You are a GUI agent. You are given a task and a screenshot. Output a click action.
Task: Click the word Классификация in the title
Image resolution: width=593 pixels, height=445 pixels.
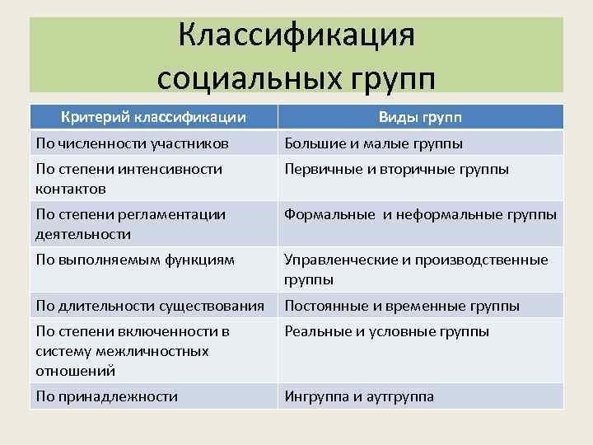tap(296, 36)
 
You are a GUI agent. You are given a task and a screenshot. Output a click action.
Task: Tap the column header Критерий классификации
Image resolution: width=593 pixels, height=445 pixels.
tap(152, 117)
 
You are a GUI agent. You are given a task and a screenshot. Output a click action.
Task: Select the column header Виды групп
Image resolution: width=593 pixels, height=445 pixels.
tap(420, 117)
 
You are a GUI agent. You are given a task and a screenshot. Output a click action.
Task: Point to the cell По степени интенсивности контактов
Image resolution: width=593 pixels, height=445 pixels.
tap(128, 179)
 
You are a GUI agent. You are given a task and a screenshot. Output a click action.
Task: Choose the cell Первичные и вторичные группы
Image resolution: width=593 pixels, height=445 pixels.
tap(396, 169)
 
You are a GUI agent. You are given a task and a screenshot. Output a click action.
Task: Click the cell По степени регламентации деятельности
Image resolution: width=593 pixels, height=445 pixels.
tap(130, 223)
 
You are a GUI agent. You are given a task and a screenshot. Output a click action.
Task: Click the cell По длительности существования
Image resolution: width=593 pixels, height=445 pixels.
tap(150, 306)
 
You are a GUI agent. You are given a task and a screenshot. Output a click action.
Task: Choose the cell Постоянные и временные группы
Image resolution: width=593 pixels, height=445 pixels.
tap(401, 306)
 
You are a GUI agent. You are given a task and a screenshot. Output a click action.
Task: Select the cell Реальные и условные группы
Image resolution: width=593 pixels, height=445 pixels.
tap(386, 331)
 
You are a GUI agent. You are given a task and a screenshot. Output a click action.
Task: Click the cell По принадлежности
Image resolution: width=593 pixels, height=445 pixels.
tap(106, 396)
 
